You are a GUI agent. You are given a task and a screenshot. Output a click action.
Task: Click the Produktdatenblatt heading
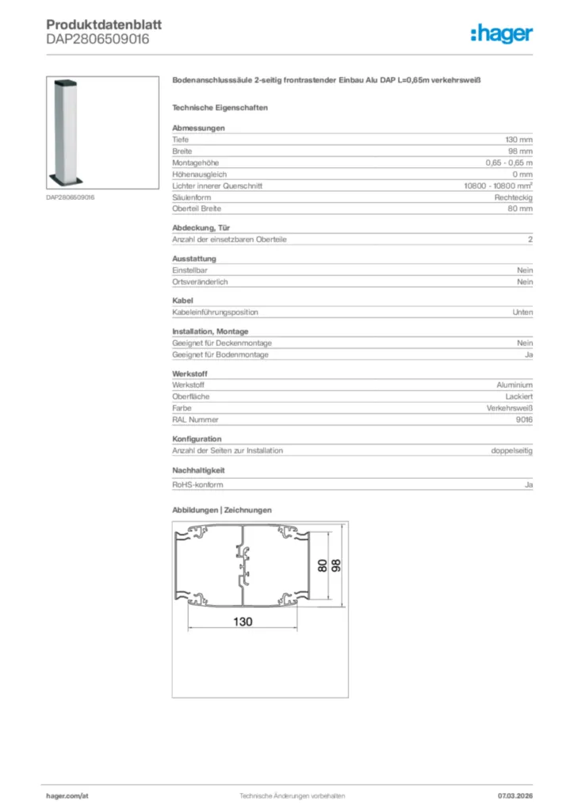click(104, 25)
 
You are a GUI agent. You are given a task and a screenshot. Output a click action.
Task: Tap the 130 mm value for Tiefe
click(519, 140)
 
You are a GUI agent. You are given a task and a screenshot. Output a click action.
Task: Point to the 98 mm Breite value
click(521, 151)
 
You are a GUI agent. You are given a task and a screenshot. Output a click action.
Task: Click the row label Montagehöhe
click(196, 163)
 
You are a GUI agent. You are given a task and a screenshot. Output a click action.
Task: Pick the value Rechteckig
click(514, 197)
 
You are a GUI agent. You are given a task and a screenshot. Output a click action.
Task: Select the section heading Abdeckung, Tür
click(201, 228)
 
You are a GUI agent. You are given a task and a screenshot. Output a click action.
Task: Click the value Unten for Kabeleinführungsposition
click(522, 312)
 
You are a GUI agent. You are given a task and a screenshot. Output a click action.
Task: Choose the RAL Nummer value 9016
click(523, 419)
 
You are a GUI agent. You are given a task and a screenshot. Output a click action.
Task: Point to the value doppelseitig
click(512, 450)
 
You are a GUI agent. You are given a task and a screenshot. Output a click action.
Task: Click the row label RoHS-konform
click(197, 484)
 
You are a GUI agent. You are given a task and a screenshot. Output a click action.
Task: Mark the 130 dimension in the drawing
click(243, 622)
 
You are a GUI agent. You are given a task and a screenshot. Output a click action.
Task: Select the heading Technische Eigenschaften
click(220, 107)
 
